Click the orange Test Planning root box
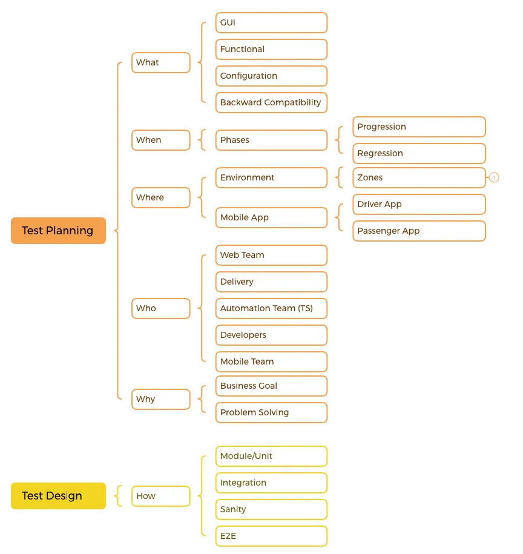click(x=58, y=230)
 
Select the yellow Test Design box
click(x=58, y=496)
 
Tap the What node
click(x=161, y=62)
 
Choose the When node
click(x=161, y=140)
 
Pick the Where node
click(x=161, y=197)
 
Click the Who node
click(x=161, y=308)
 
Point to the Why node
click(x=161, y=399)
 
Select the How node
click(x=161, y=496)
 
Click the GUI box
click(x=272, y=22)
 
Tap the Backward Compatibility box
click(x=272, y=102)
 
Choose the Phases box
click(x=272, y=140)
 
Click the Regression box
click(x=419, y=153)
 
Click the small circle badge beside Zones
click(x=494, y=177)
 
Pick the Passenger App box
click(x=419, y=231)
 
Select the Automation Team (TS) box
click(x=272, y=308)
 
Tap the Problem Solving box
click(x=272, y=412)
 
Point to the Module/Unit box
click(x=272, y=456)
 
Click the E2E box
click(x=272, y=536)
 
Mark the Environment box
click(x=272, y=177)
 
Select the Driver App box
click(x=419, y=204)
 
